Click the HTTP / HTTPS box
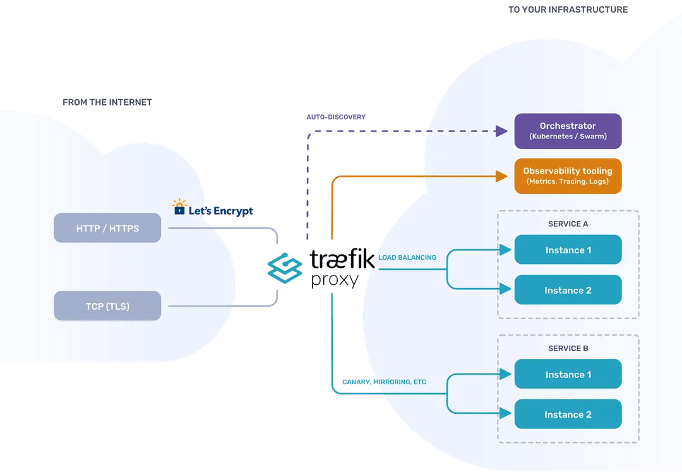107,228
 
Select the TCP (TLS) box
107,306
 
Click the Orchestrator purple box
568,131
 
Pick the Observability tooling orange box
568,176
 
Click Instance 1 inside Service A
568,250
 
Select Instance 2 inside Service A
568,290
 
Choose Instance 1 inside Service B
568,374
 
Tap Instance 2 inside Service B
568,415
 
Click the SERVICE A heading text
568,224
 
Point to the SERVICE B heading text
568,348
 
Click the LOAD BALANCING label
407,257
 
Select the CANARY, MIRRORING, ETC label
384,382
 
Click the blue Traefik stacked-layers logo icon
284,268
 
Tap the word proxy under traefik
335,279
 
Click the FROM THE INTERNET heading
107,102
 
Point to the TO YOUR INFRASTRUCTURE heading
568,9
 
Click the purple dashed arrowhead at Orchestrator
501,131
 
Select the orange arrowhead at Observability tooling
501,176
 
